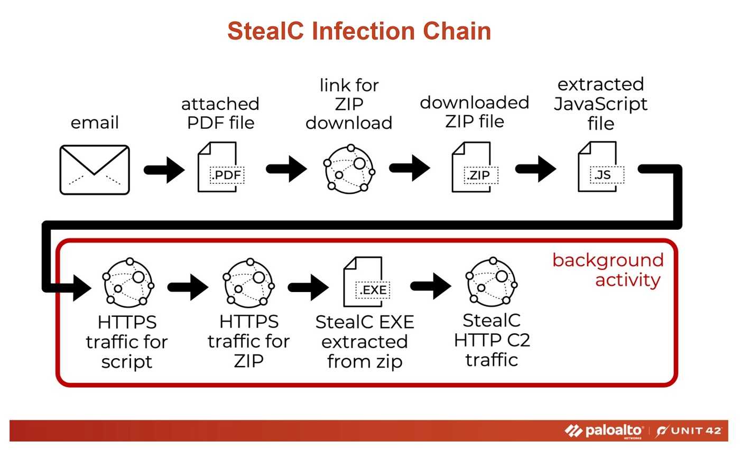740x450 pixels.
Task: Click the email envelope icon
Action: coord(95,170)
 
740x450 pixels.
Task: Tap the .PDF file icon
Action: coord(221,167)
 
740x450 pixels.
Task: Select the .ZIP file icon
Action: coord(475,167)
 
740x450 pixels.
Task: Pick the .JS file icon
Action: coord(601,167)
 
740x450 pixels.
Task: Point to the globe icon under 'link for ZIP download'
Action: coord(349,168)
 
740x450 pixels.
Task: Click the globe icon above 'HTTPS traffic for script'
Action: coord(128,283)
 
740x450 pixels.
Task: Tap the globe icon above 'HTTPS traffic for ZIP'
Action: coord(249,283)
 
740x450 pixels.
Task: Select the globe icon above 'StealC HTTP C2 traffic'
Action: coord(492,282)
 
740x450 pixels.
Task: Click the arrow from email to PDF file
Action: coord(164,170)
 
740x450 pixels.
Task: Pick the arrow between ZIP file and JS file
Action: coord(535,169)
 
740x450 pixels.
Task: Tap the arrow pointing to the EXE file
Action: coord(308,287)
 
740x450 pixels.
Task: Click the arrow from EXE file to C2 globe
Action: coord(430,286)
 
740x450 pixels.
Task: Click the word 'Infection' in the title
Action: coord(363,31)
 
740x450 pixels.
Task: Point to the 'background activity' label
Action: coord(608,270)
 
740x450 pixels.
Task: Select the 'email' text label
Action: coord(95,123)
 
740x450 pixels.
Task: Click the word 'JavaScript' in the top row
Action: coord(600,104)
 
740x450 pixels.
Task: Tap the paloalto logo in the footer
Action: coord(604,431)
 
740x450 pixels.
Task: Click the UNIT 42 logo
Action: coord(689,431)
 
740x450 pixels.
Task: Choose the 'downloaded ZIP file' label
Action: coord(475,111)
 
